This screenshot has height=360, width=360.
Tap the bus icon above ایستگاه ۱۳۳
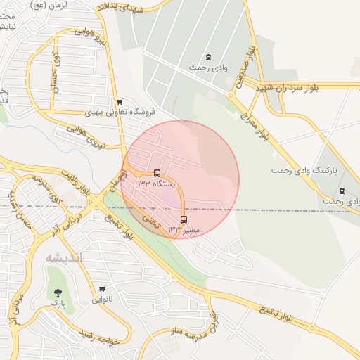157,172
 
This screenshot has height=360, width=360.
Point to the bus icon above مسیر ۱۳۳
184,219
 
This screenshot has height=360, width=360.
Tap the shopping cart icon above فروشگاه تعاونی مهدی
120,101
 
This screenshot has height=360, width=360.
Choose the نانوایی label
102,300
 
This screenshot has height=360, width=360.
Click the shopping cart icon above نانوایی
103,289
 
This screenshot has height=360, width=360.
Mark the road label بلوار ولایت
75,182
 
